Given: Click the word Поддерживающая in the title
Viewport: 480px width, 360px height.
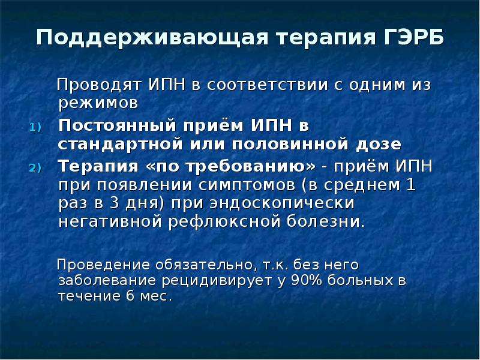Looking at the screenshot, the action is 152,38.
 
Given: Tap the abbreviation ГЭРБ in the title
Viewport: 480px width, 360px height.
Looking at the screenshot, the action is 413,37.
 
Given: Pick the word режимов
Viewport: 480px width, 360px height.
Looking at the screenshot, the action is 98,103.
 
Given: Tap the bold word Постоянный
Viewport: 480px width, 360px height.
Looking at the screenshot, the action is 117,125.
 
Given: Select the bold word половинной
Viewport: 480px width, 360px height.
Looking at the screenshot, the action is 290,144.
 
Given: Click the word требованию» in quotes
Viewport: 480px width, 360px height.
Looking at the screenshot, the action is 251,167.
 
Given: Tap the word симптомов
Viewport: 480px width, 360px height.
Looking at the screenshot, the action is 247,185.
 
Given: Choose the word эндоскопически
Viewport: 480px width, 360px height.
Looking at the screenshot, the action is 281,204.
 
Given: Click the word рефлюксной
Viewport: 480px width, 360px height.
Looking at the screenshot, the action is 224,222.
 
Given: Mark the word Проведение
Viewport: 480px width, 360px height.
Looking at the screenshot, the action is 104,265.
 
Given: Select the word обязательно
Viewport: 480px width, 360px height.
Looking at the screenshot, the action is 206,265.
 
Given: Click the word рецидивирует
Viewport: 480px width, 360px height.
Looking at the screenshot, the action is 217,281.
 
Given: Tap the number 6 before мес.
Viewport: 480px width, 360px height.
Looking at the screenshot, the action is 130,296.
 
